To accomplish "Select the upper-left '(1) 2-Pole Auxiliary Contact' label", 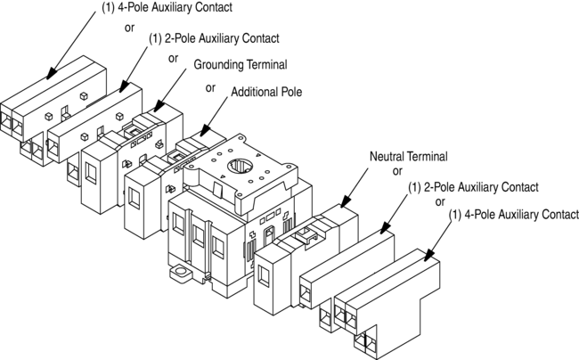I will coord(214,38).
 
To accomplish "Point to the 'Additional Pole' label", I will coord(267,93).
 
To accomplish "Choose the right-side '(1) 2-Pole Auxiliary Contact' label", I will coord(473,187).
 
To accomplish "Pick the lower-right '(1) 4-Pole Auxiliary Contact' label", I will coord(514,215).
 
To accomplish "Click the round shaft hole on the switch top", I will coord(241,167).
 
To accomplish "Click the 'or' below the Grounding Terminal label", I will coord(210,87).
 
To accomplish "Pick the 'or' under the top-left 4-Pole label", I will coord(129,27).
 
